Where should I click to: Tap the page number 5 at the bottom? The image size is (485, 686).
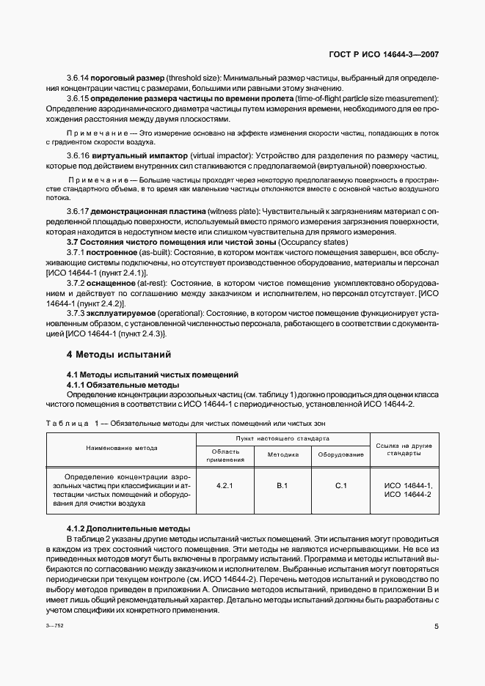pyautogui.click(x=436, y=627)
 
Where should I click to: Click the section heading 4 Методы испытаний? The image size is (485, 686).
pyautogui.click(x=118, y=355)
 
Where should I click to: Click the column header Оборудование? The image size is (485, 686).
pyautogui.click(x=340, y=454)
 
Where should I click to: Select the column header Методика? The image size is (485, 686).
pyautogui.click(x=282, y=454)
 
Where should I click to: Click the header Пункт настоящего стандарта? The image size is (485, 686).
pyautogui.click(x=282, y=438)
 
